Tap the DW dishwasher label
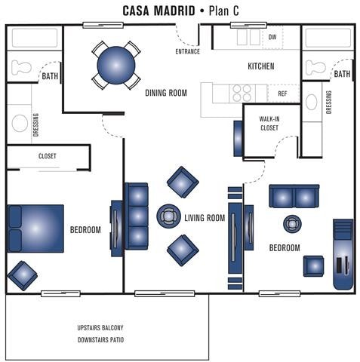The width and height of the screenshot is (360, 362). (272, 36)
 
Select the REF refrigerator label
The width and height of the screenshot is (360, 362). (282, 94)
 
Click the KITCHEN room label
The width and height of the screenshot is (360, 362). (261, 66)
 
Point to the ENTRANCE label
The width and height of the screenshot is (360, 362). (187, 51)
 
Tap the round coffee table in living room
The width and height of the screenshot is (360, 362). (168, 216)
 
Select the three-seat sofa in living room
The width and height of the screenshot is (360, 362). (137, 216)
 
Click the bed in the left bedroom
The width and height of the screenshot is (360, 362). (35, 228)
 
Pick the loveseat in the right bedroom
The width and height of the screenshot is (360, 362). (294, 196)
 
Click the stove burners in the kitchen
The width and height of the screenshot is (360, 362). (242, 93)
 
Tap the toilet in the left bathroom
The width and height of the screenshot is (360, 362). (23, 66)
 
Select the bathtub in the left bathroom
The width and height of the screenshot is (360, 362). (33, 38)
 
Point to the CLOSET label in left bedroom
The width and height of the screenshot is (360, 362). (47, 156)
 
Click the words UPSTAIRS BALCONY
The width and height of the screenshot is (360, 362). (100, 328)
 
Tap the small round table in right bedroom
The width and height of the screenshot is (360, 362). (292, 224)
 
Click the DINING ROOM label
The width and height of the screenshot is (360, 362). (166, 93)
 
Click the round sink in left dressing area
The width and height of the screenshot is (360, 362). (20, 123)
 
